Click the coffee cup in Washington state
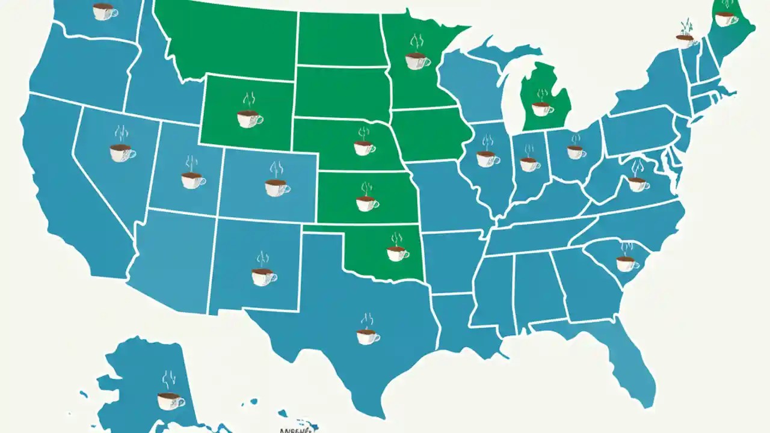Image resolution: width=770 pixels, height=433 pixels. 104,11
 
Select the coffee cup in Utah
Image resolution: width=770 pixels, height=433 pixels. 192,180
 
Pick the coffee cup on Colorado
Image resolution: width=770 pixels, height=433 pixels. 276,187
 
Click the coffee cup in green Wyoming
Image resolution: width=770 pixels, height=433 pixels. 248,118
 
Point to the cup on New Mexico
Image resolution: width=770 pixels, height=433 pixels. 263,277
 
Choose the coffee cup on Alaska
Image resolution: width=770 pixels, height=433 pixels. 169,401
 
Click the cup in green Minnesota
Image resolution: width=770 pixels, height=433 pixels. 416,61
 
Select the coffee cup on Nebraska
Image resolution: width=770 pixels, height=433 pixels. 363,147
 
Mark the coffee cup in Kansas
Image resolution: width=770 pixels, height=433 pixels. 366,204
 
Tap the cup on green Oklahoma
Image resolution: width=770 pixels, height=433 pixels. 396,254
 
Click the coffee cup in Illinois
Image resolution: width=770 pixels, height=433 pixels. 486,159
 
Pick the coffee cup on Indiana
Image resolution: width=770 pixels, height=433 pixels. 529,164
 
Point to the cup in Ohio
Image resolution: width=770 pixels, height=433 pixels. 575,152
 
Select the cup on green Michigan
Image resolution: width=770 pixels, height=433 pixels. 541,109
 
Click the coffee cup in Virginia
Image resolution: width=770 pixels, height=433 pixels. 637,183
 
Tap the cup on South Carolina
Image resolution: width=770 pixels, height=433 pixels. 626,263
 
